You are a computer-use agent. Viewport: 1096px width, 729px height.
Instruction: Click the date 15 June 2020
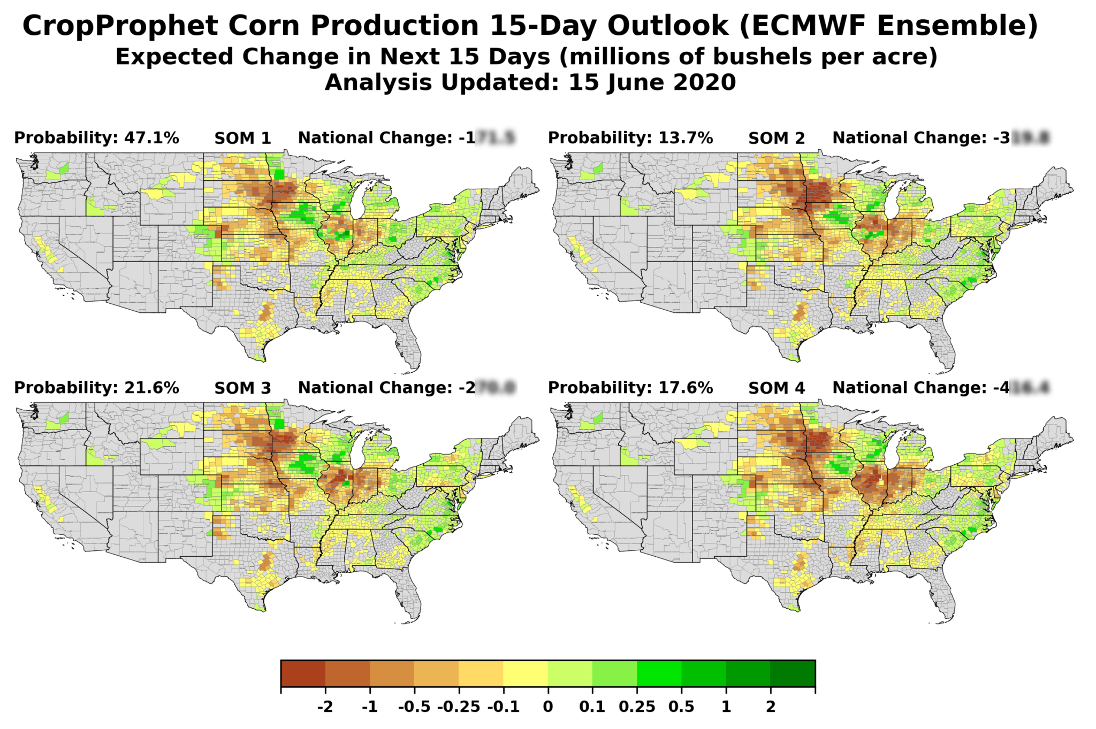point(652,82)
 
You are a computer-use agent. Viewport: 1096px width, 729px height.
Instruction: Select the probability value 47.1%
point(151,138)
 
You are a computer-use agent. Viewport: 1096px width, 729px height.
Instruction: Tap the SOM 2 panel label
point(776,139)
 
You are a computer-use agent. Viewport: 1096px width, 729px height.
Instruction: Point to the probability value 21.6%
point(151,388)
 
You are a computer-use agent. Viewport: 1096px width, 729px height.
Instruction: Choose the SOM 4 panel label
point(776,388)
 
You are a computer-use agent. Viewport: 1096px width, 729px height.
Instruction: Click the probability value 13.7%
point(686,138)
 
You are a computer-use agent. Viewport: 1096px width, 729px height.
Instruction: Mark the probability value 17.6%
point(686,388)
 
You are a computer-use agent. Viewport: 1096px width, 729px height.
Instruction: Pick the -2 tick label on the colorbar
point(325,707)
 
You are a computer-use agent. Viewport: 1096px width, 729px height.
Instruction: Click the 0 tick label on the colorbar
point(547,707)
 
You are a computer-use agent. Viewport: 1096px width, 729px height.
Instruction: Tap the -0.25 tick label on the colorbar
point(459,707)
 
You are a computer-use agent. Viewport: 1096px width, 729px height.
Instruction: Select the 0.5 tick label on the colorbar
point(681,707)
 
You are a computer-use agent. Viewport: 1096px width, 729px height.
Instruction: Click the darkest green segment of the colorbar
point(793,673)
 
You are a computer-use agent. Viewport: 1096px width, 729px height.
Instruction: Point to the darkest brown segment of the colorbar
point(303,673)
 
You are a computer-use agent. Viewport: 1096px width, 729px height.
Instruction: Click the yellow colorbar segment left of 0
point(525,673)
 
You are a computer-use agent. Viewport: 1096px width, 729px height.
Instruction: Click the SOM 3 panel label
point(242,388)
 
